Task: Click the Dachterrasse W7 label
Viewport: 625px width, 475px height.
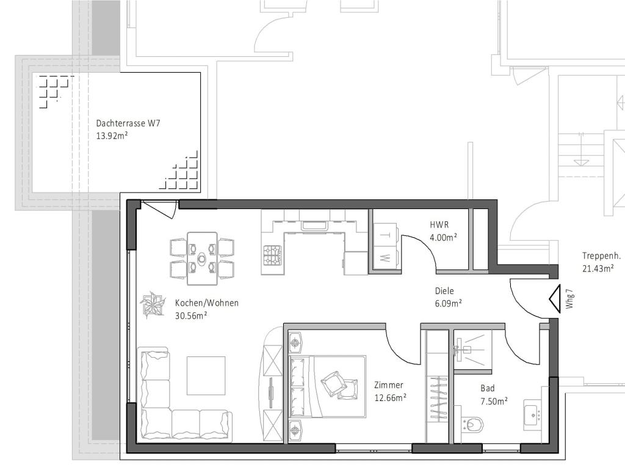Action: pos(128,123)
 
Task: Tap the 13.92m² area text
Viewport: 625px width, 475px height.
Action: pos(112,136)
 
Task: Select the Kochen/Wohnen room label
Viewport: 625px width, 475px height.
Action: pos(206,303)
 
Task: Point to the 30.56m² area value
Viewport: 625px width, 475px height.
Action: pos(191,315)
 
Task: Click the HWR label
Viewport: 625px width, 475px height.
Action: pos(439,225)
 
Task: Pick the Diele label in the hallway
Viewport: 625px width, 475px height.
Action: pos(444,291)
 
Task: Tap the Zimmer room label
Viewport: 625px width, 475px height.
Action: pos(389,385)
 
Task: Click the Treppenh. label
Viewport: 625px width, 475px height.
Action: pos(601,256)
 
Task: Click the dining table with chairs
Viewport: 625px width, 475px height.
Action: pos(202,258)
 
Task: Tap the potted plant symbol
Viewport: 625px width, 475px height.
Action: pos(151,304)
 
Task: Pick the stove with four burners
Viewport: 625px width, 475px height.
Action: pos(272,252)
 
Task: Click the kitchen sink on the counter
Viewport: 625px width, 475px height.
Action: pos(314,225)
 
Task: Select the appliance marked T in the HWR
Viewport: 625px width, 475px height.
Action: pos(385,234)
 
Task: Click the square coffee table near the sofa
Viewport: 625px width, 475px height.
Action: pos(206,375)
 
